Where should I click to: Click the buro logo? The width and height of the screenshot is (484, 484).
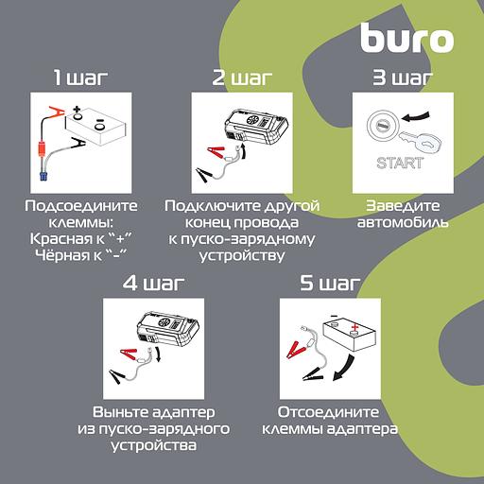coord(406,39)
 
